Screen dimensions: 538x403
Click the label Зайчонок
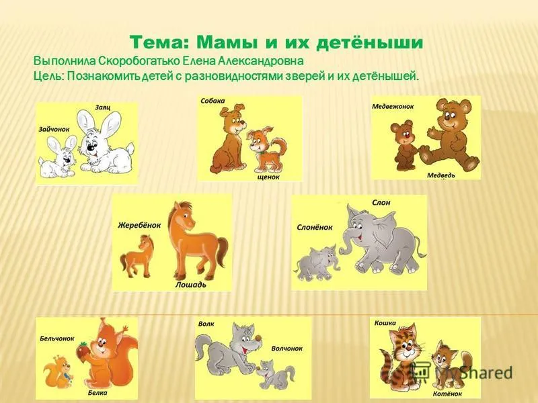click(54, 129)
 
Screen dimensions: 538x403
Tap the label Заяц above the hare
click(103, 107)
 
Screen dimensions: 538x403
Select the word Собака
click(213, 101)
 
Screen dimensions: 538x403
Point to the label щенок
click(268, 177)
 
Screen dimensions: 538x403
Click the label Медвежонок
click(393, 107)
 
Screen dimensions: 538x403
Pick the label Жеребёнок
click(139, 225)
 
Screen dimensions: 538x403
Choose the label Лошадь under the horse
click(191, 285)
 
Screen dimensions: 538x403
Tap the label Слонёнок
click(315, 227)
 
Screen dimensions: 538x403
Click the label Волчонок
click(287, 349)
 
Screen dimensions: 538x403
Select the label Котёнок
click(447, 394)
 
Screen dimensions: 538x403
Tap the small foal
click(137, 255)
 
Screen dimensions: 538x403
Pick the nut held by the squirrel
click(82, 350)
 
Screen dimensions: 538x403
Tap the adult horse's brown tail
click(223, 252)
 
